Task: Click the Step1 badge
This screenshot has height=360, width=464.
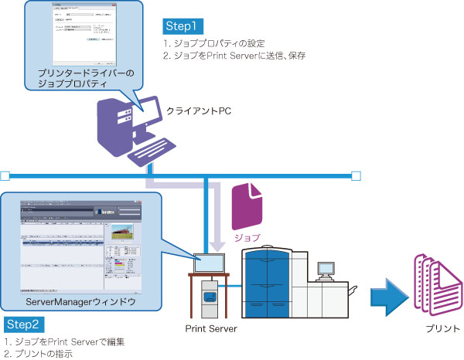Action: click(183, 25)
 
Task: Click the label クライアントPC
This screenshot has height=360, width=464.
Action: click(199, 112)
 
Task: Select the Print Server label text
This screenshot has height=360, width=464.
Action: click(211, 329)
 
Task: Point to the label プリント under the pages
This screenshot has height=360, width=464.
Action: click(439, 329)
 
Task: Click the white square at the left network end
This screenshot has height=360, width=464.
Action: click(5, 174)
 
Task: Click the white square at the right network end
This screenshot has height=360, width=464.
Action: click(356, 174)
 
